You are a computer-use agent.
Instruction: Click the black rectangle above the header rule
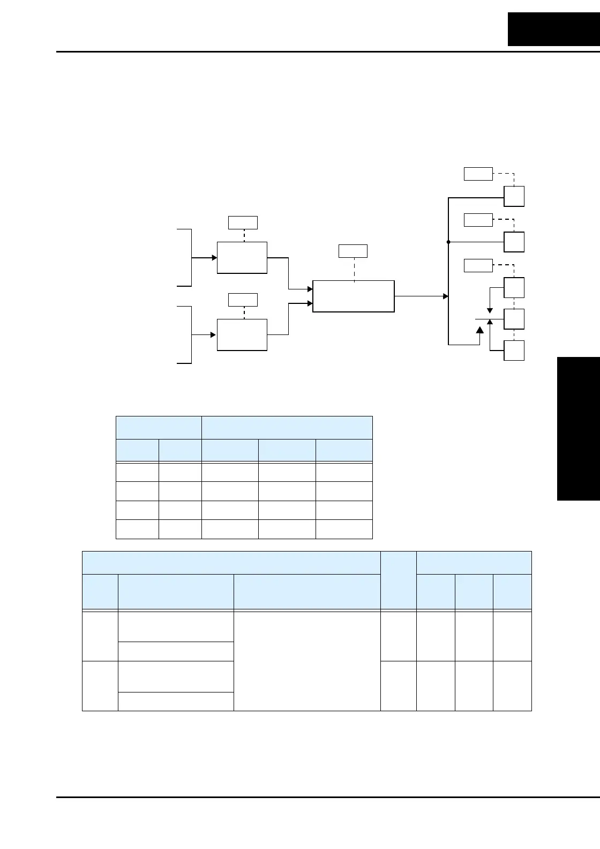point(554,29)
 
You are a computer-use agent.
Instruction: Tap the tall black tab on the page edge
point(578,428)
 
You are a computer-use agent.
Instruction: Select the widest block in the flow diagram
point(354,296)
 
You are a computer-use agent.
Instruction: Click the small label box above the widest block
point(353,251)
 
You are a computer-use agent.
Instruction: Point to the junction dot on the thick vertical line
point(448,242)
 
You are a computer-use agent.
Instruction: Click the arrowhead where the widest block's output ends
point(445,296)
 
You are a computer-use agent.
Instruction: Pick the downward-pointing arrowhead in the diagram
point(490,310)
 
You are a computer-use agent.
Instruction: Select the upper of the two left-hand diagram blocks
point(242,258)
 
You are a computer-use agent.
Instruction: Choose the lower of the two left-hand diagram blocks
point(242,335)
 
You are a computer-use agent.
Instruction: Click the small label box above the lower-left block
point(243,300)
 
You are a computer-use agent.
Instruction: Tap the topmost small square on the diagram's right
point(514,196)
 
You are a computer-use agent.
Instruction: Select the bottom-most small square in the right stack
point(514,351)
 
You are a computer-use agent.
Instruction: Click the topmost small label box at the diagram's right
point(478,174)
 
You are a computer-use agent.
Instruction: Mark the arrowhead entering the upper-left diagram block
point(214,258)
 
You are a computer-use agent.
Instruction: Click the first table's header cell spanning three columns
point(287,427)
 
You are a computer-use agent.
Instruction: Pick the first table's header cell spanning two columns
point(159,427)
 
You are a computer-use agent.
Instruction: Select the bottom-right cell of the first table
point(344,529)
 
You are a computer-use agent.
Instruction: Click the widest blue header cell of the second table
point(231,563)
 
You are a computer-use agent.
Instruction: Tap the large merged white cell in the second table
point(307,660)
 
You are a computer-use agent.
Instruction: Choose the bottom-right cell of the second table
point(512,686)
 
